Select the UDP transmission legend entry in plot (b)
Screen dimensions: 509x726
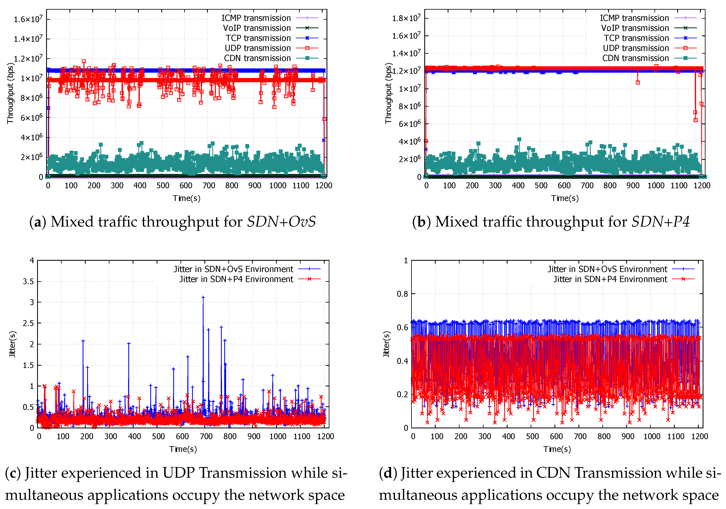tap(636, 48)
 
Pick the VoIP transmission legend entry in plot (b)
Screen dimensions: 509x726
tap(635, 28)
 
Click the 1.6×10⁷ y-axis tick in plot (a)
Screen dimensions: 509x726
tap(28, 19)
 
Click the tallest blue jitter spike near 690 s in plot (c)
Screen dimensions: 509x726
tap(203, 297)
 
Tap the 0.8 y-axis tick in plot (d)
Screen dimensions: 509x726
tap(402, 294)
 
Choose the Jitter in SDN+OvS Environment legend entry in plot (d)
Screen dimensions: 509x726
tap(607, 269)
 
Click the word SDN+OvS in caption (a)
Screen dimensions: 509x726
tap(281, 222)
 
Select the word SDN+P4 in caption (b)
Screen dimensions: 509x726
tap(661, 222)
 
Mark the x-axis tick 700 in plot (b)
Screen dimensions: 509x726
tap(587, 185)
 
